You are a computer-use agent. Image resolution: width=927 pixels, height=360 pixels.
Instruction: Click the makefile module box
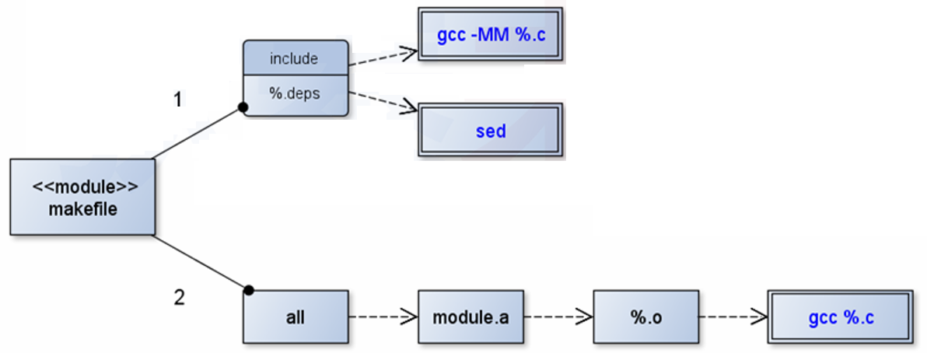[82, 197]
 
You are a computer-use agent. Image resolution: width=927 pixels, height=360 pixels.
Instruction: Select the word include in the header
[294, 58]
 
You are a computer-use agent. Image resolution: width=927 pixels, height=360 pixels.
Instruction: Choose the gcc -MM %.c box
[490, 34]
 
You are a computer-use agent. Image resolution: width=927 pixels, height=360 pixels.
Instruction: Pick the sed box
[490, 131]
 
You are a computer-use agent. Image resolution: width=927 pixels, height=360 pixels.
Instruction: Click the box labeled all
[295, 317]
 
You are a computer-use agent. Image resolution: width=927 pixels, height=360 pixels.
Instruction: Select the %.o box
[645, 317]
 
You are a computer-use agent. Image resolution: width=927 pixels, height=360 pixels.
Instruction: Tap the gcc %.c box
[841, 317]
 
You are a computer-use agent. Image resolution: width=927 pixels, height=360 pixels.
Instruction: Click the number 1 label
[178, 100]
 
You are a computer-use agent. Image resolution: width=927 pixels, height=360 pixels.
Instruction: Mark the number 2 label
[179, 298]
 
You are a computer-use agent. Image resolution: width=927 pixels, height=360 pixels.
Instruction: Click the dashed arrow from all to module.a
[382, 317]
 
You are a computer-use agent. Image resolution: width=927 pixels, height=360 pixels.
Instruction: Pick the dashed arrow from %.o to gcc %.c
[731, 317]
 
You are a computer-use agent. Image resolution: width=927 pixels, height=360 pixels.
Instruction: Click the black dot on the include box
[243, 108]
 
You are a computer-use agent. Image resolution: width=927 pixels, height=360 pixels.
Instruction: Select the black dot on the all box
[248, 291]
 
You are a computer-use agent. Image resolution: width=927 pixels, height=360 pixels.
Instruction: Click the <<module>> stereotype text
[82, 187]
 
